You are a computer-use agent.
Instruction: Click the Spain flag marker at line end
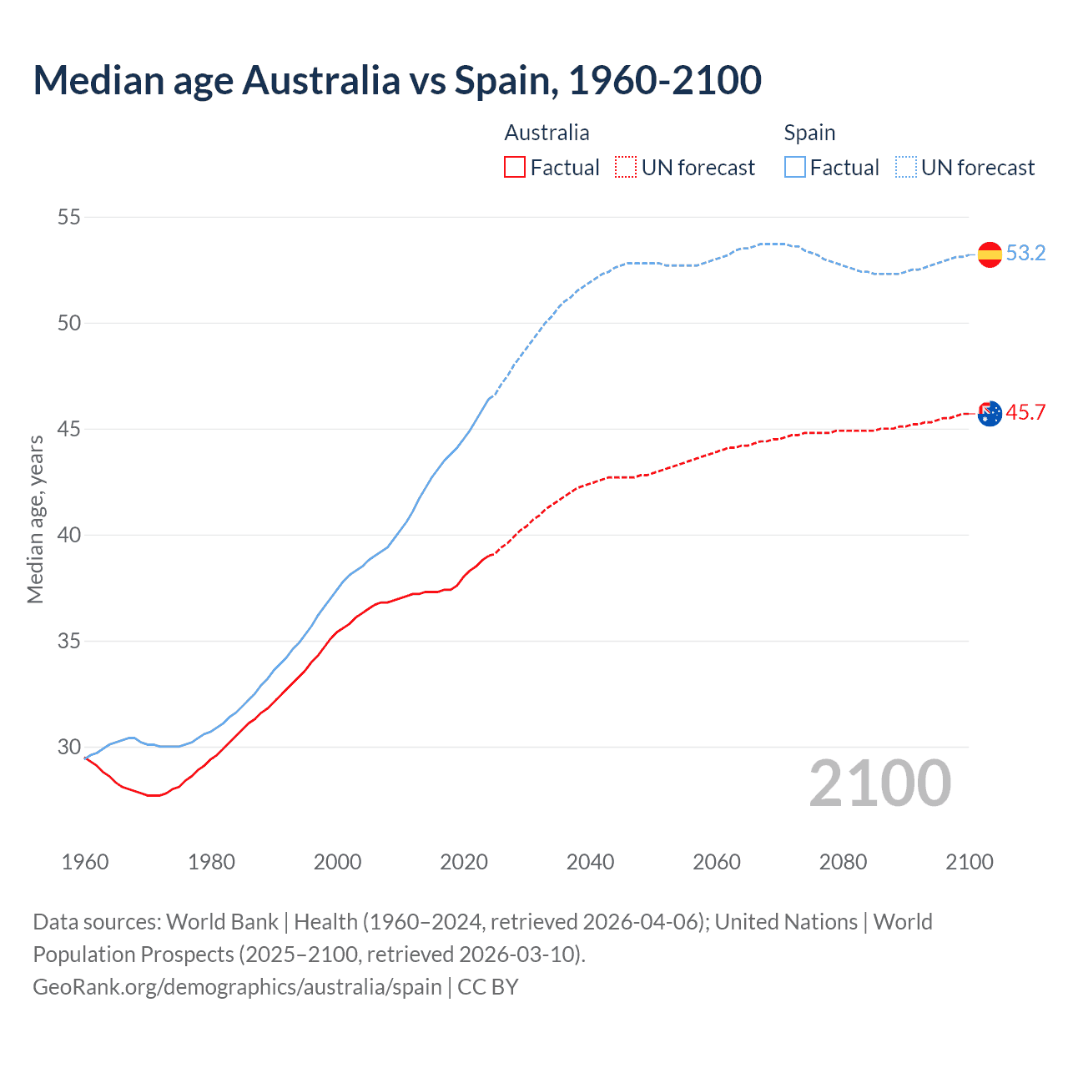click(x=990, y=254)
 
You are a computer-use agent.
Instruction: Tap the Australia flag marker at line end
click(x=990, y=413)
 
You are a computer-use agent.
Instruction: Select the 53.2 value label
click(x=1025, y=253)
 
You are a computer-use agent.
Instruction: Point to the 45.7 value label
click(x=1025, y=412)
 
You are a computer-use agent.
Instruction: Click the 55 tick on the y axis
click(x=69, y=217)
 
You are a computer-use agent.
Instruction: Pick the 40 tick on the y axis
click(x=69, y=535)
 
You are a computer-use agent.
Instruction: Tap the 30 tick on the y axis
click(x=69, y=747)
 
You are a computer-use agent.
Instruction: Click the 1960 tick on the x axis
click(x=85, y=862)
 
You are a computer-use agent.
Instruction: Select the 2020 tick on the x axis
click(x=464, y=862)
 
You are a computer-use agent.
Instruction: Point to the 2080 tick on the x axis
click(x=843, y=862)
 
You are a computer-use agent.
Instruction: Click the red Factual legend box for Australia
click(x=515, y=168)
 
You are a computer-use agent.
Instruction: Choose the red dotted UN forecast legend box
click(x=626, y=168)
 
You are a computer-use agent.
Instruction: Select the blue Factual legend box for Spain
click(x=795, y=168)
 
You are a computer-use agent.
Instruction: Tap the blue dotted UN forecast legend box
click(x=906, y=168)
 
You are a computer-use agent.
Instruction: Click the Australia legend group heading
click(x=547, y=133)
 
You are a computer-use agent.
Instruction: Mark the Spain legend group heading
click(x=809, y=133)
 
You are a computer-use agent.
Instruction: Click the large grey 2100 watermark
click(x=879, y=783)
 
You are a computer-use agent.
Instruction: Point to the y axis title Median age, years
click(x=35, y=519)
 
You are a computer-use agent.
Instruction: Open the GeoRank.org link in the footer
click(x=237, y=986)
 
